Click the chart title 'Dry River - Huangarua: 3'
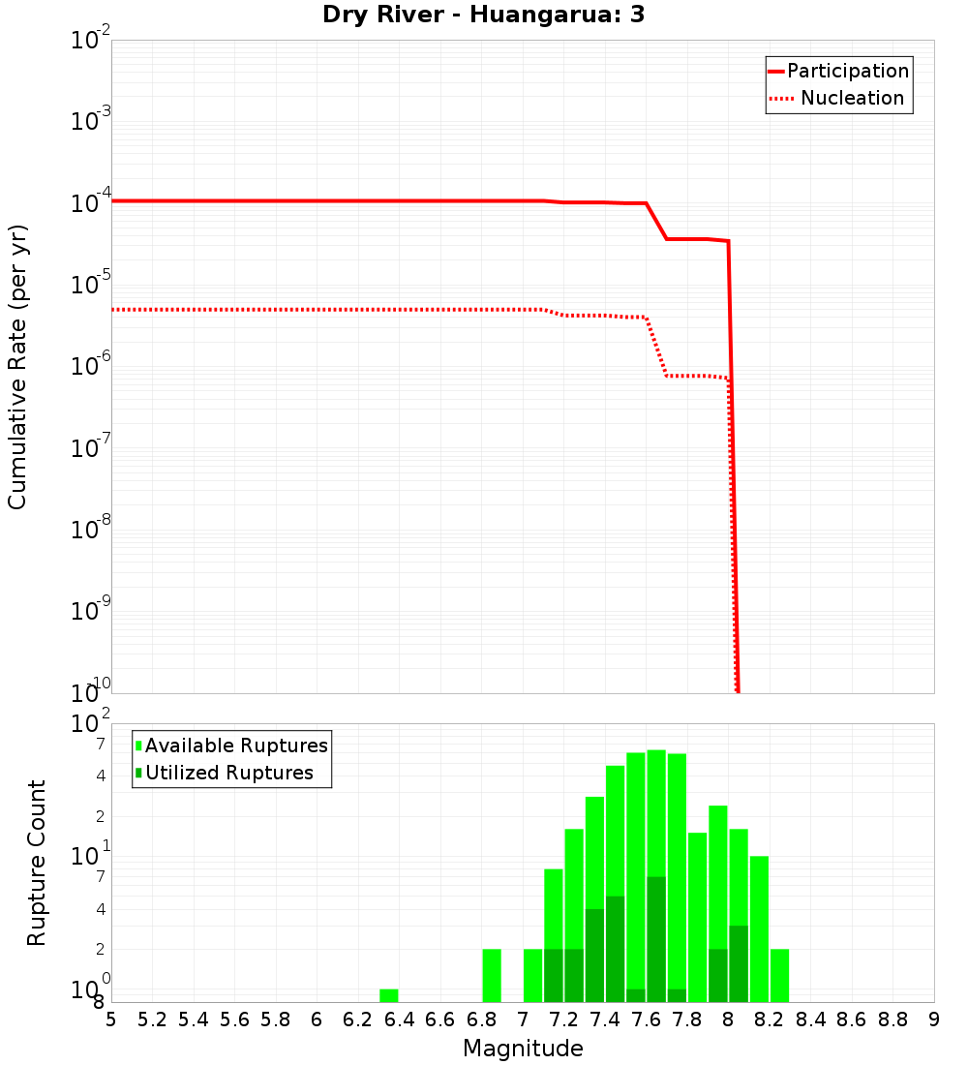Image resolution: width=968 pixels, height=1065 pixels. click(483, 15)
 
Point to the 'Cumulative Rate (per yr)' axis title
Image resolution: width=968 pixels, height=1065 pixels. click(17, 367)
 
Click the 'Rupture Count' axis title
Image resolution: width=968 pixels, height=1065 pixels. click(37, 863)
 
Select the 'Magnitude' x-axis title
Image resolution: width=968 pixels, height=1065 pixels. click(523, 1049)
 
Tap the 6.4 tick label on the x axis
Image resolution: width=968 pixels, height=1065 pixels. click(399, 1019)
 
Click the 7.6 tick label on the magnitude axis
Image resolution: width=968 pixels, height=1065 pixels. click(646, 1019)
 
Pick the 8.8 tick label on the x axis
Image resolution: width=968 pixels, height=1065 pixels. click(892, 1019)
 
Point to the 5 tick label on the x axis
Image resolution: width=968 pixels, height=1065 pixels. click(111, 1019)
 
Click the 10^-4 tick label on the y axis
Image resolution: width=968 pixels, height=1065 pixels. click(91, 201)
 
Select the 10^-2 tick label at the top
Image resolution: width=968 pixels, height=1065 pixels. click(91, 40)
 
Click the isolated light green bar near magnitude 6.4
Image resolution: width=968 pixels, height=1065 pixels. click(388, 995)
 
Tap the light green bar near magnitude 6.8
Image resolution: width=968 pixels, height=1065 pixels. click(492, 975)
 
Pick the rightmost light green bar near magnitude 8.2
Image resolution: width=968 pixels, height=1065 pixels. click(779, 975)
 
